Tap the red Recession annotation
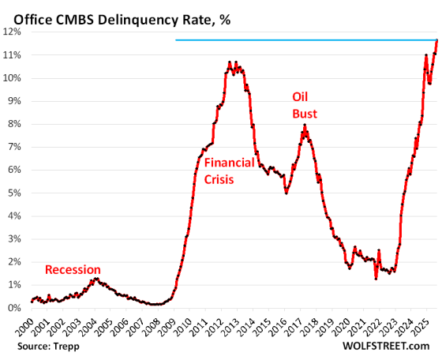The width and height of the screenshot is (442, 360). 73,269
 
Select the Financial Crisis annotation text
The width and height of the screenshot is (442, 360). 229,171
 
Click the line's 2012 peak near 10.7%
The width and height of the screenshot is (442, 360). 230,62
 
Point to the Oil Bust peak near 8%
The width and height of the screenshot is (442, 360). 305,125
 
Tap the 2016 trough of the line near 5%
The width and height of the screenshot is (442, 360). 286,193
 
